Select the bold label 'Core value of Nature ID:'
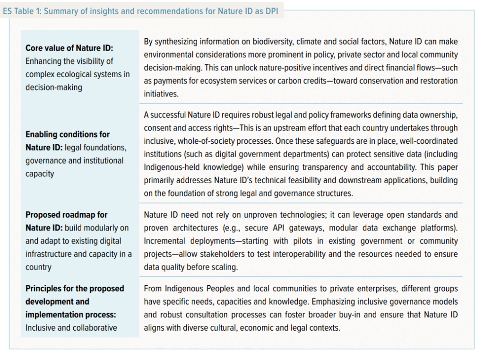pyautogui.click(x=69, y=48)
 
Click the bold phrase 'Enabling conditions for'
pyautogui.click(x=68, y=134)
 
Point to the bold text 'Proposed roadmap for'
pyautogui.click(x=67, y=215)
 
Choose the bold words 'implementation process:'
pyautogui.click(x=71, y=315)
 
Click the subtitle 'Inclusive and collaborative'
pyautogui.click(x=71, y=327)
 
